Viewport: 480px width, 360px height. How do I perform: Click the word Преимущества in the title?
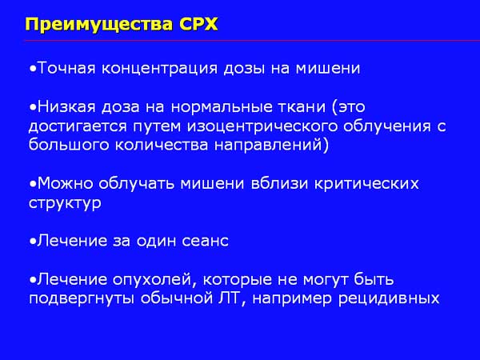[x=99, y=25]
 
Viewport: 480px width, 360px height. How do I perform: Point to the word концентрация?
[x=159, y=69]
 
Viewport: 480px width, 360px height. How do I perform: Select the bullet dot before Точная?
[x=33, y=69]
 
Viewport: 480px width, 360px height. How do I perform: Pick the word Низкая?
[x=66, y=107]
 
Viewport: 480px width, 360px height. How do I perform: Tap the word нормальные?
[x=222, y=107]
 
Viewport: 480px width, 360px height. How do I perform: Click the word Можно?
[x=66, y=184]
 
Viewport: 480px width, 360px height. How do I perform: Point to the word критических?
[x=366, y=184]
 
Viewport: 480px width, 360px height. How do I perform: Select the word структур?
[x=65, y=203]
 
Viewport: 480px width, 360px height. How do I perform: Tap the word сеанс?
[x=206, y=242]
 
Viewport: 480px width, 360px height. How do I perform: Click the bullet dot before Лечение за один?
[x=33, y=242]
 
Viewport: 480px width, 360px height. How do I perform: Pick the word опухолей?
[x=154, y=280]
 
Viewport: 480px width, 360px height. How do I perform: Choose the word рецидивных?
[x=389, y=299]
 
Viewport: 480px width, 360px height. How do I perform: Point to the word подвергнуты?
[x=82, y=299]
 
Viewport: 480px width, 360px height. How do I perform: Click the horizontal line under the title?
[x=252, y=41]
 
